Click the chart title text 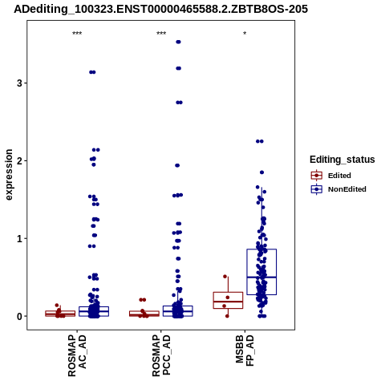[x=161, y=9]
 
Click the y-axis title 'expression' [x=9, y=175]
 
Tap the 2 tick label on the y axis [x=19, y=161]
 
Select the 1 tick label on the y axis [x=19, y=238]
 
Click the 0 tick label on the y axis [x=19, y=316]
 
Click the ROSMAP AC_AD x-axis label [x=77, y=355]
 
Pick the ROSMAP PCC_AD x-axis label [x=161, y=355]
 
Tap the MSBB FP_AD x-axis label [x=245, y=351]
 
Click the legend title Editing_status [x=342, y=160]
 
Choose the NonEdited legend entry [x=338, y=189]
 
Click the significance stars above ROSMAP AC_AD [x=77, y=34]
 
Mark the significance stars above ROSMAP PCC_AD [x=161, y=34]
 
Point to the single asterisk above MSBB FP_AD [x=245, y=34]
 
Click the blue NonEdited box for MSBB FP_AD [x=261, y=272]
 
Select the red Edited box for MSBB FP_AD [x=228, y=300]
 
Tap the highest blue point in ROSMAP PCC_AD [x=178, y=42]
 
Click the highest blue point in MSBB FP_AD [x=260, y=141]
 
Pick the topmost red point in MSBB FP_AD [x=225, y=277]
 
